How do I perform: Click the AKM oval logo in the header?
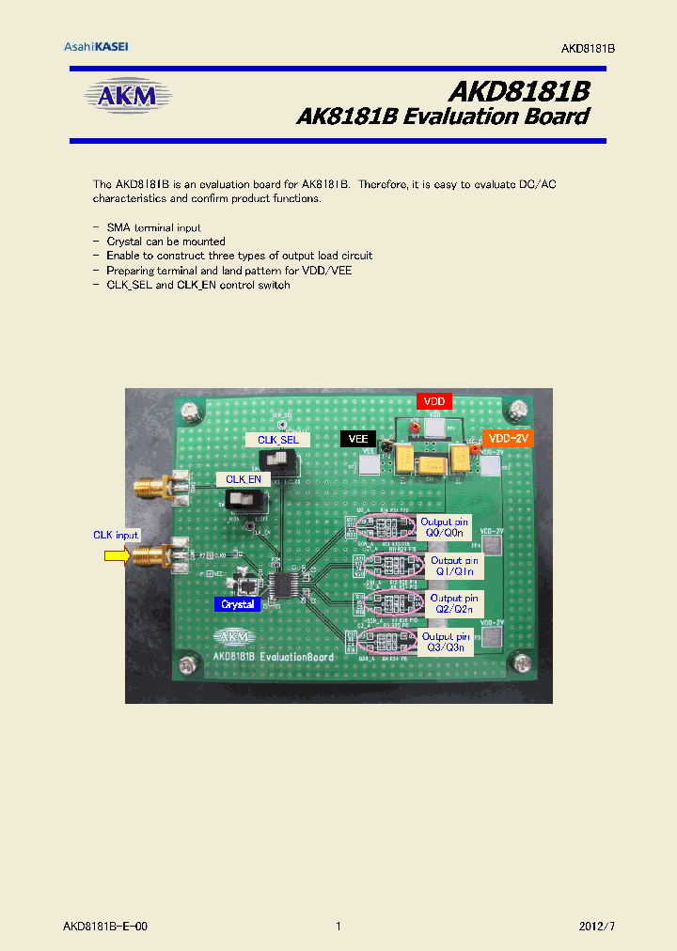click(x=130, y=96)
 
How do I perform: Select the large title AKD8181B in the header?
click(x=518, y=91)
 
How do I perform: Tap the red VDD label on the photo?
click(x=433, y=401)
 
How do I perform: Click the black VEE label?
click(x=357, y=439)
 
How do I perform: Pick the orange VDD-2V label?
click(x=508, y=438)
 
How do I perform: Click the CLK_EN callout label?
click(x=244, y=478)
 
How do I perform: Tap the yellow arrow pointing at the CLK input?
click(x=116, y=556)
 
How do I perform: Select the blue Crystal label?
click(x=238, y=604)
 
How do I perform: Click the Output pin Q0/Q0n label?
click(x=444, y=526)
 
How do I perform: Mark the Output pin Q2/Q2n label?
click(x=454, y=603)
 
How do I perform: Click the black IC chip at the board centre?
click(x=283, y=585)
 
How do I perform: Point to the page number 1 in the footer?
click(x=338, y=927)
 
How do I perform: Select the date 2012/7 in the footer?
click(x=596, y=927)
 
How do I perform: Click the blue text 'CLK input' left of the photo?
click(x=116, y=535)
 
